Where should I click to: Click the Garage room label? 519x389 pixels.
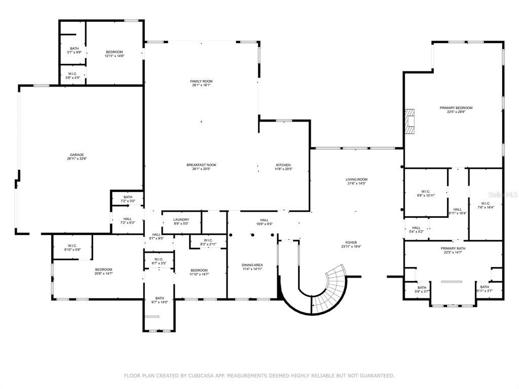(77, 155)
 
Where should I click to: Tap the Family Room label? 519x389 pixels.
(201, 81)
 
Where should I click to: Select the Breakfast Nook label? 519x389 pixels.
(201, 165)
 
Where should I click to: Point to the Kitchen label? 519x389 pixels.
(283, 165)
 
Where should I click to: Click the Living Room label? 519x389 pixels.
(356, 179)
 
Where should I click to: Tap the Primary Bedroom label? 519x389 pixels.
(456, 108)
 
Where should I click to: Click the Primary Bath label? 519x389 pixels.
(453, 248)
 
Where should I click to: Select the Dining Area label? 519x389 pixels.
(251, 265)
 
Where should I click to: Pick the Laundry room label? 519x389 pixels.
(181, 220)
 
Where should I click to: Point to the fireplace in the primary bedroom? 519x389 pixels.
(409, 121)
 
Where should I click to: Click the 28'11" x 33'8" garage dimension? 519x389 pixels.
(77, 159)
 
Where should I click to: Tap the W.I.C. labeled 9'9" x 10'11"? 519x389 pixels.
(426, 193)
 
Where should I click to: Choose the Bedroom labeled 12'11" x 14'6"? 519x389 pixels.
(114, 54)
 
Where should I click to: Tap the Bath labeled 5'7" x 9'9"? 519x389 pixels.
(75, 50)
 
